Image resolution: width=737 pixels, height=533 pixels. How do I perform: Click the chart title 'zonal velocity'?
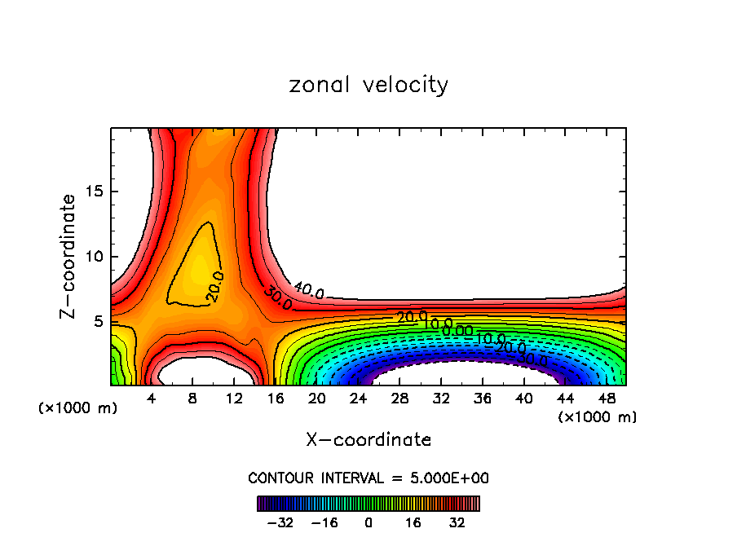[368, 85]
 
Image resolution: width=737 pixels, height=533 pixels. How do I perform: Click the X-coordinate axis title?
[368, 440]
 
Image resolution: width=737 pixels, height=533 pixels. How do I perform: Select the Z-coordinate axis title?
[68, 256]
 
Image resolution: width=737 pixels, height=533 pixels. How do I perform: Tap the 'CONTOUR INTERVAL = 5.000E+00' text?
[368, 478]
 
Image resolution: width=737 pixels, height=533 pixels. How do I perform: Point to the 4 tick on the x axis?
[151, 399]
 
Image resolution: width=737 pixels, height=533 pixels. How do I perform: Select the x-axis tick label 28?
[399, 399]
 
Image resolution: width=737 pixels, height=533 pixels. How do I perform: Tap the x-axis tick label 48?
[605, 399]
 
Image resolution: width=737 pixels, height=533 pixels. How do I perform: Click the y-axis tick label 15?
[95, 192]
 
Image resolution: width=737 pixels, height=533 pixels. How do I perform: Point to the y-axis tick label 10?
[95, 257]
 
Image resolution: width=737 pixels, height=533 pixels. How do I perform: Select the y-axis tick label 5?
[99, 322]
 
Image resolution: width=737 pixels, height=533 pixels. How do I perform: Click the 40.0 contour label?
[309, 290]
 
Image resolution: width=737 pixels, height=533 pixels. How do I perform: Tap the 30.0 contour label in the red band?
[278, 298]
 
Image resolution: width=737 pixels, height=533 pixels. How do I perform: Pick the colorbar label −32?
[280, 522]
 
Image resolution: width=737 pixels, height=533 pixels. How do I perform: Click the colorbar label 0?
[368, 522]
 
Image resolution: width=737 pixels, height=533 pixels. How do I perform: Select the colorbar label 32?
[457, 522]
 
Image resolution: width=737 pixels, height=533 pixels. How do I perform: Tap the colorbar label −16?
[324, 522]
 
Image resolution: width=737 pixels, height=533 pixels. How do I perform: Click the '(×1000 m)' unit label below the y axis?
[78, 408]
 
